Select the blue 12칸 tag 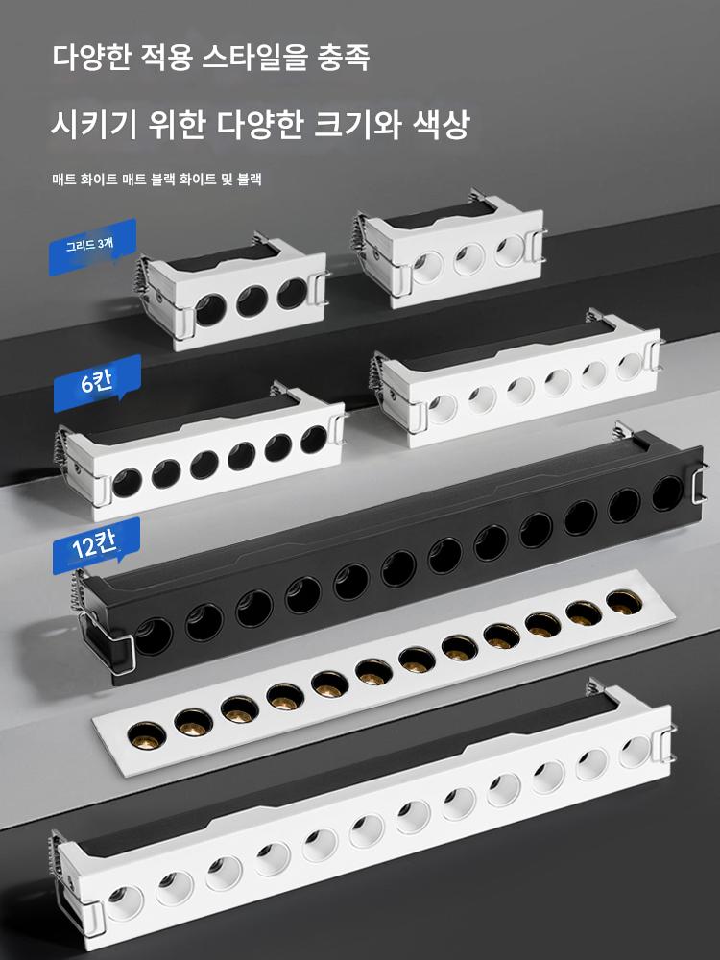95,545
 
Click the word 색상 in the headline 441,124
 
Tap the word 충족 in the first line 344,59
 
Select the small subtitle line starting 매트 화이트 156,180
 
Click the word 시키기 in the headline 94,124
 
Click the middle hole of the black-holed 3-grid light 252,300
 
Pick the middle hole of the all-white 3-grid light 469,259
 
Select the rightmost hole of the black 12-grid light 667,493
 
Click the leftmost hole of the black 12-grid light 153,636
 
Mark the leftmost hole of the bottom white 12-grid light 125,902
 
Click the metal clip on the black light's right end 697,484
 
